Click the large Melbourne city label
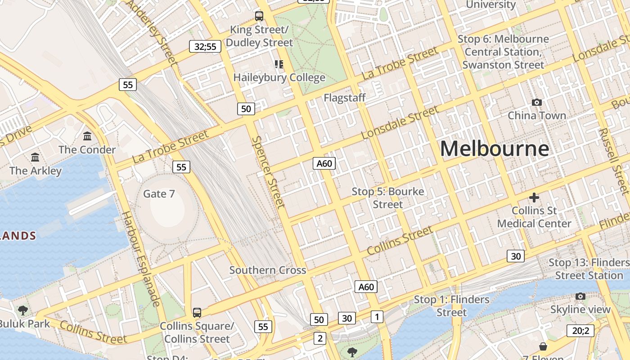coord(494,148)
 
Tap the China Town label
coord(537,116)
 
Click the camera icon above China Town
coord(536,103)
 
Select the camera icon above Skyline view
coord(580,296)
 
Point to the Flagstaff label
coord(345,98)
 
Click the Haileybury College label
coord(279,77)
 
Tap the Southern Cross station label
coord(268,270)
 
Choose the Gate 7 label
coord(159,194)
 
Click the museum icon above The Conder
coord(87,136)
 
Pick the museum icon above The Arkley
coord(35,157)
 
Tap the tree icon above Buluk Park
coord(22,310)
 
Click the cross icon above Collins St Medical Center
coord(534,197)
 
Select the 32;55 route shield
coord(205,46)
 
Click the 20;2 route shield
coord(580,331)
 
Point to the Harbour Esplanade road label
coord(141,258)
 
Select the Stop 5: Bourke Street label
coord(388,198)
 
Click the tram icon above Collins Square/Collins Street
coord(197,312)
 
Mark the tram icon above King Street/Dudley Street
coord(259,16)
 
